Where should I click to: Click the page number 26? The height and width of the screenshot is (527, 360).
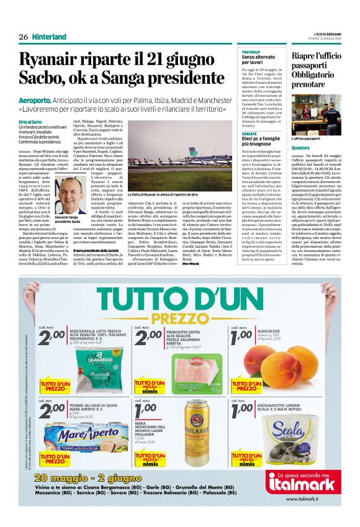point(23,37)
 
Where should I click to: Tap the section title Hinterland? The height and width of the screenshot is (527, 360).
point(49,37)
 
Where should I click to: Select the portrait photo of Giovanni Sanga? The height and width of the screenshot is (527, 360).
point(72,194)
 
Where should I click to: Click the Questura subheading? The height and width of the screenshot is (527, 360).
point(301,148)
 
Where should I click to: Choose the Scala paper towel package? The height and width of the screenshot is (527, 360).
point(292,434)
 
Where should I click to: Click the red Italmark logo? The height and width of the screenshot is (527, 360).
point(300,482)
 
